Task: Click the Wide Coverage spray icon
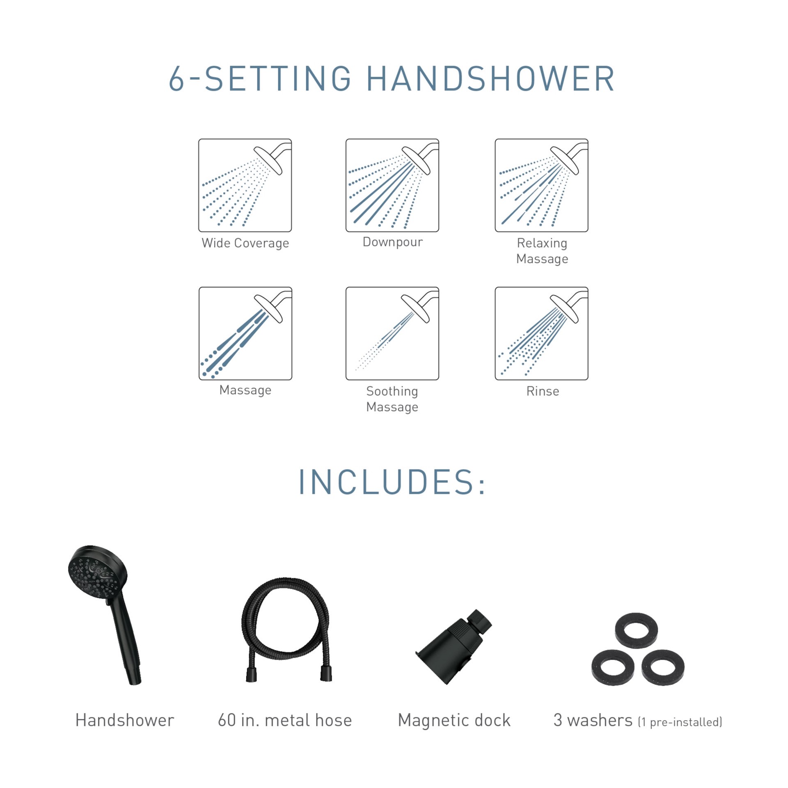pyautogui.click(x=245, y=185)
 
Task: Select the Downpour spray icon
pyautogui.click(x=392, y=185)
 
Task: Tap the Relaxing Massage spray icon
pyautogui.click(x=541, y=185)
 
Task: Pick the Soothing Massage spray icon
pyautogui.click(x=392, y=333)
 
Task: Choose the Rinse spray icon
pyautogui.click(x=541, y=333)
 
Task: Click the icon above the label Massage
pyautogui.click(x=245, y=333)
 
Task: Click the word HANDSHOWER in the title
pyautogui.click(x=490, y=79)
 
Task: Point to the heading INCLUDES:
pyautogui.click(x=392, y=482)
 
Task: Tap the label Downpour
pyautogui.click(x=392, y=242)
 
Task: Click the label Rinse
pyautogui.click(x=542, y=391)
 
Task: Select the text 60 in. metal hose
pyautogui.click(x=285, y=720)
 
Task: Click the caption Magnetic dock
pyautogui.click(x=454, y=720)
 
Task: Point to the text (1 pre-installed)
pyautogui.click(x=680, y=722)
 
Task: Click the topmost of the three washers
pyautogui.click(x=636, y=631)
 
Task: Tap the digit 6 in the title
pyautogui.click(x=176, y=79)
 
